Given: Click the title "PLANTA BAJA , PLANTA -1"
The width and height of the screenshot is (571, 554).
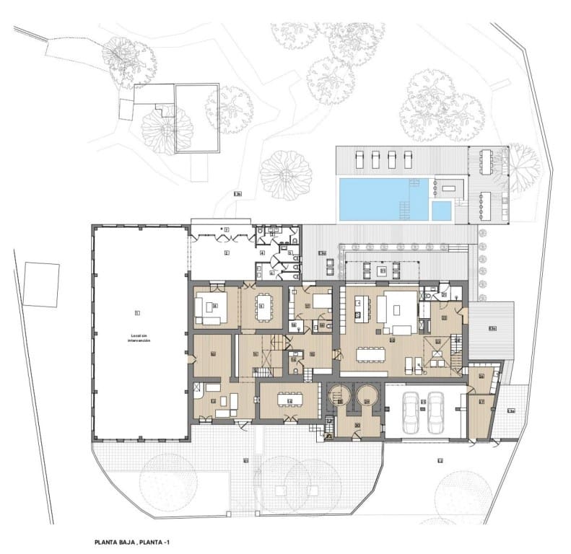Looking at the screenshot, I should coord(134,541).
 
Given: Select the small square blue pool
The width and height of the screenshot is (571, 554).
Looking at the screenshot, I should coord(441,211).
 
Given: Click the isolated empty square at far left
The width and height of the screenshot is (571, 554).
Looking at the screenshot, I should coord(41,285).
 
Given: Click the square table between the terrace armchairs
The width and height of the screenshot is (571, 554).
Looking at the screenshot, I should coord(383,271).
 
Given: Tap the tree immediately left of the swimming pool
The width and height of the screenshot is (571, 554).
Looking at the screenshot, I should coord(286,175).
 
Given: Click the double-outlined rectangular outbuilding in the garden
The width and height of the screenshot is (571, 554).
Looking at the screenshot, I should coord(196,118).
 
